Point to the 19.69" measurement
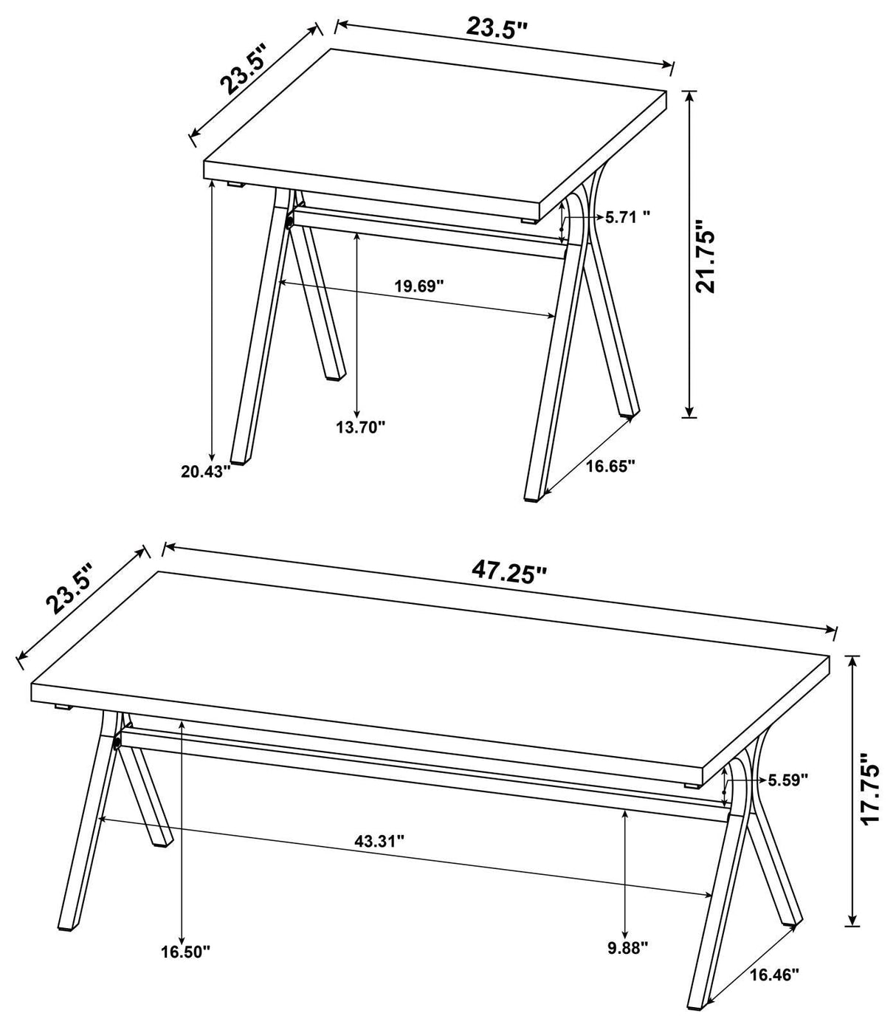click(x=418, y=285)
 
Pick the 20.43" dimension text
click(x=207, y=470)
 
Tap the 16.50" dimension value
click(x=186, y=951)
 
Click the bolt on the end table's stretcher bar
click(x=289, y=221)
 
